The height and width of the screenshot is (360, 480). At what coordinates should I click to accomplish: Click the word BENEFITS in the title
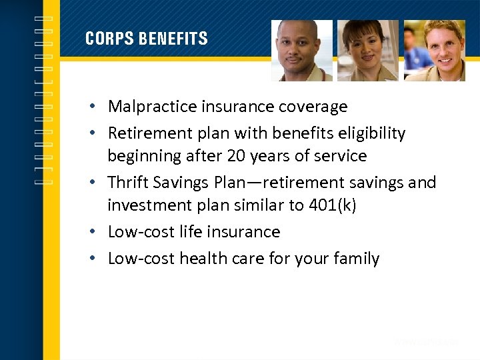(173, 39)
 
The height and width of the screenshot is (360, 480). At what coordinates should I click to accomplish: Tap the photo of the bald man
(301, 51)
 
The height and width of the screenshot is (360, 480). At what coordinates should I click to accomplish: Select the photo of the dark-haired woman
(367, 51)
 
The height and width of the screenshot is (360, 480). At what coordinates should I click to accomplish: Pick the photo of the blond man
(434, 51)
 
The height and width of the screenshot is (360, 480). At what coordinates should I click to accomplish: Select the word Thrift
(127, 183)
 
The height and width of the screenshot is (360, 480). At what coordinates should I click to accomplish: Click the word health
(201, 259)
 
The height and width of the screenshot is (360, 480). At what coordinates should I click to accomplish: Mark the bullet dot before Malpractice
(97, 107)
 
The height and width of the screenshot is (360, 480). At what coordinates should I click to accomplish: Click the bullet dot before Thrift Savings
(97, 183)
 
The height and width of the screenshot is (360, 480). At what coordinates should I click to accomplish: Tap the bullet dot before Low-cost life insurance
(97, 233)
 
